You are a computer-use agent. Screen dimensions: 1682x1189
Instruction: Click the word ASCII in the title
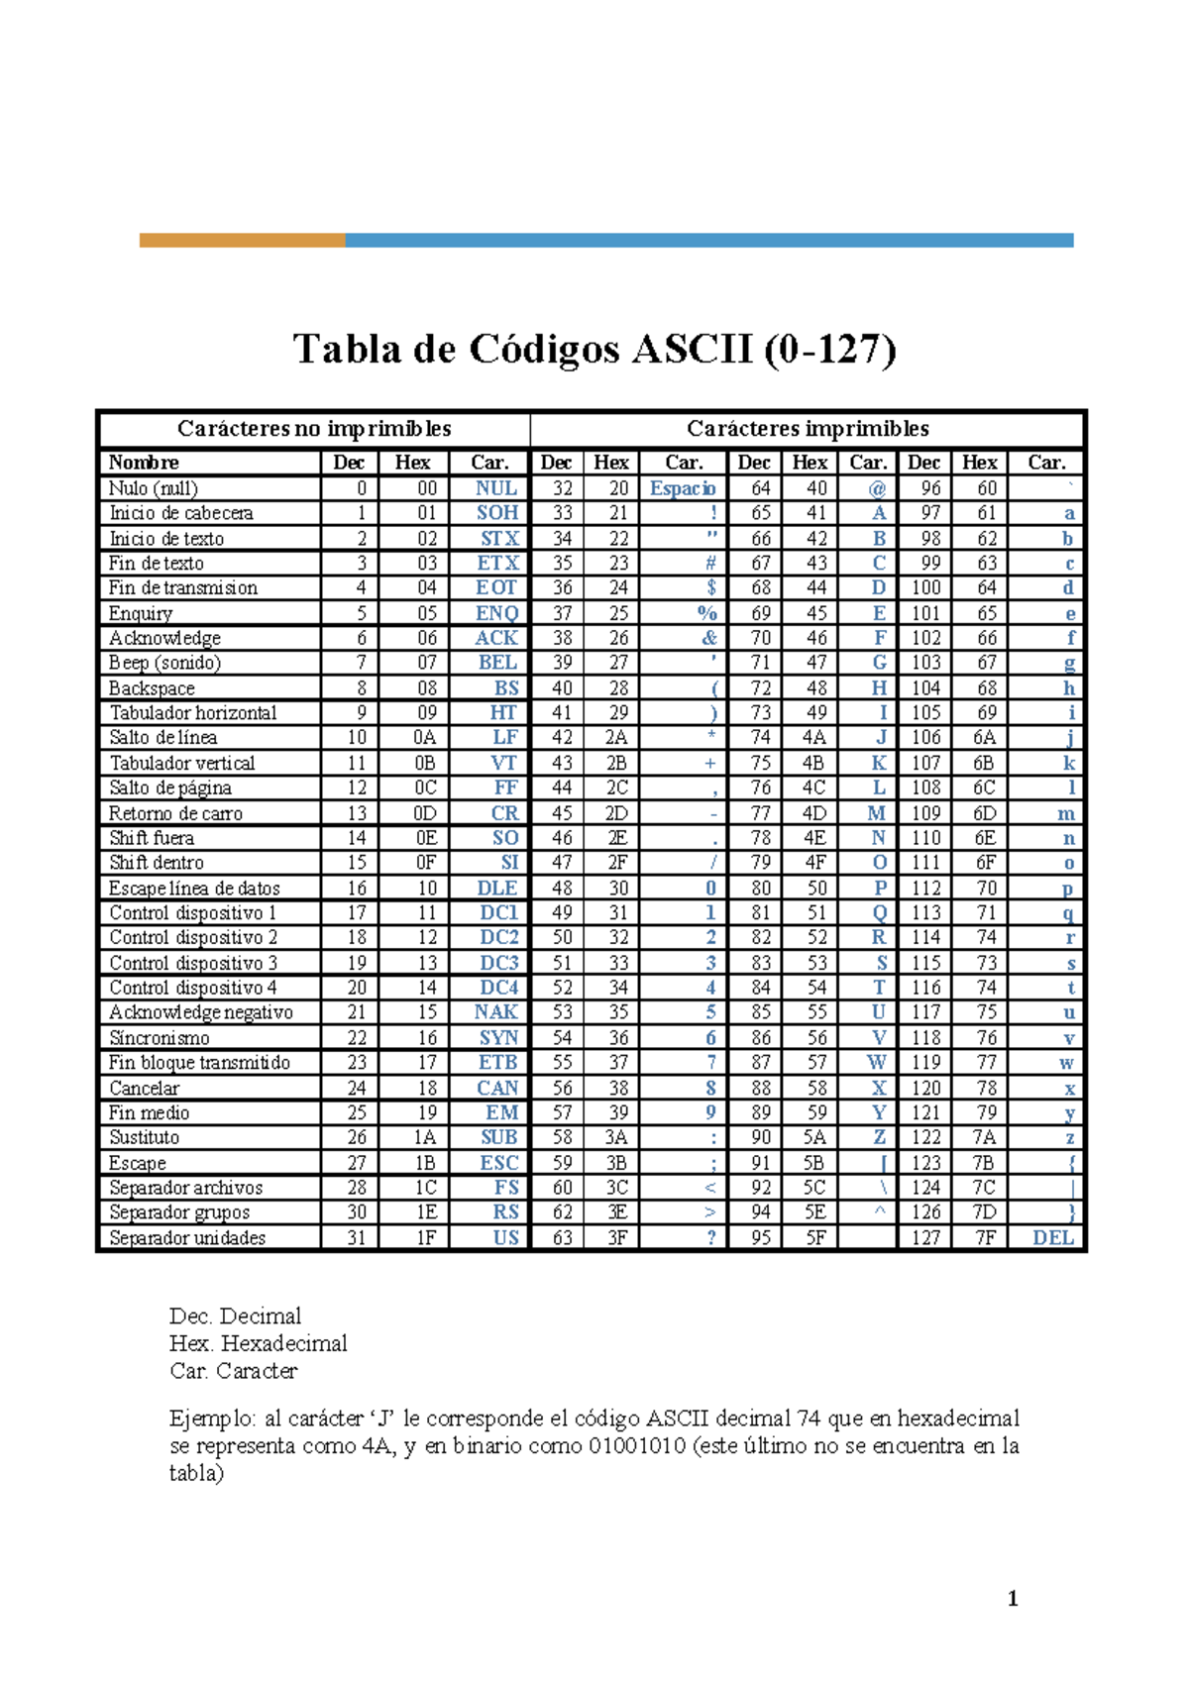[692, 350]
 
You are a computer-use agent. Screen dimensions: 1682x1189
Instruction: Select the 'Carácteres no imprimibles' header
[314, 429]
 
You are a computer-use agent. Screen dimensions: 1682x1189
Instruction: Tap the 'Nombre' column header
[144, 463]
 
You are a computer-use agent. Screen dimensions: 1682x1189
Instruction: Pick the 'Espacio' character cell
[683, 488]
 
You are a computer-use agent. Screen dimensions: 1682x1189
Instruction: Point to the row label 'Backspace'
[152, 688]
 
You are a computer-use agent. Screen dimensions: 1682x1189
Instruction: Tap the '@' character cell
[877, 488]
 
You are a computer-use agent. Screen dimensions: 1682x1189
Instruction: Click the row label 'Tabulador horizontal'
[193, 713]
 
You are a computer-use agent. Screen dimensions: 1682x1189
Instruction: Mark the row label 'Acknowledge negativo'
[201, 1012]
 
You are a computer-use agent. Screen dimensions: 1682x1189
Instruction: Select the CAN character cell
[497, 1088]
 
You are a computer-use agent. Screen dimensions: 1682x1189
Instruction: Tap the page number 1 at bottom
[1013, 1598]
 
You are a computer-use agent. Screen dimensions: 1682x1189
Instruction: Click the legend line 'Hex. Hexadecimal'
[259, 1344]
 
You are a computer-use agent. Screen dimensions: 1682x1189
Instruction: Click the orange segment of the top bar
[242, 240]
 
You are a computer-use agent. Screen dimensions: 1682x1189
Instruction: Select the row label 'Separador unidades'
[187, 1238]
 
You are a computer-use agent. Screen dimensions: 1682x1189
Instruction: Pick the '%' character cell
[706, 613]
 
